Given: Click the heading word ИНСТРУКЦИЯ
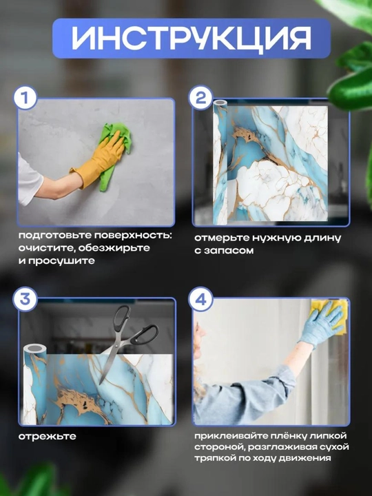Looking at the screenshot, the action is click(x=191, y=38).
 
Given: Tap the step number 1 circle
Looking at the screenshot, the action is click(x=25, y=98).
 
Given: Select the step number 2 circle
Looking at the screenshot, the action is click(x=200, y=98).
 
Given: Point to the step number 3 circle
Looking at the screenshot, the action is click(x=25, y=299).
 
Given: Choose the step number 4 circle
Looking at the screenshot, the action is click(x=200, y=299).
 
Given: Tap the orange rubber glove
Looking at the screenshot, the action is click(x=98, y=160).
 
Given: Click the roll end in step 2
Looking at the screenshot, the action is click(x=220, y=103).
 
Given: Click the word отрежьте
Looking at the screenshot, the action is click(x=48, y=437).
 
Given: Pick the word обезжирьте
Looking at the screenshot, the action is click(x=114, y=248).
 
